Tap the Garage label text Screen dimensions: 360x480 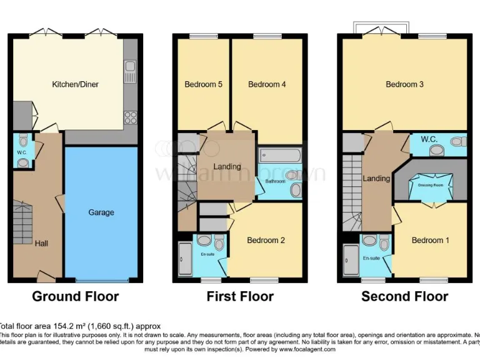(x=101, y=212)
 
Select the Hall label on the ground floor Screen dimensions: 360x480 (x=41, y=243)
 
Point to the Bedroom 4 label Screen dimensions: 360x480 (x=267, y=84)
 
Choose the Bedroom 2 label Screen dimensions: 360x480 (x=266, y=241)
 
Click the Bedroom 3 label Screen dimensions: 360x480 (x=404, y=84)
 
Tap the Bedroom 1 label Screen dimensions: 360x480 (x=430, y=241)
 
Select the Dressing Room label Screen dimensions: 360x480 (x=431, y=185)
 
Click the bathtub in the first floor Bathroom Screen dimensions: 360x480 (x=281, y=155)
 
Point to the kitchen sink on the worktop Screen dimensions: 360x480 (x=130, y=70)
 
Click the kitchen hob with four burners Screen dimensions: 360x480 (x=131, y=117)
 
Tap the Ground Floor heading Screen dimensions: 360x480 (x=75, y=296)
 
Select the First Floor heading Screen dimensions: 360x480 (x=240, y=296)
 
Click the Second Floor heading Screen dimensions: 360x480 (x=404, y=296)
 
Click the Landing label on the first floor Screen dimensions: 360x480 (x=227, y=167)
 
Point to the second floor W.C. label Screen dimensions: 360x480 (x=428, y=139)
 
